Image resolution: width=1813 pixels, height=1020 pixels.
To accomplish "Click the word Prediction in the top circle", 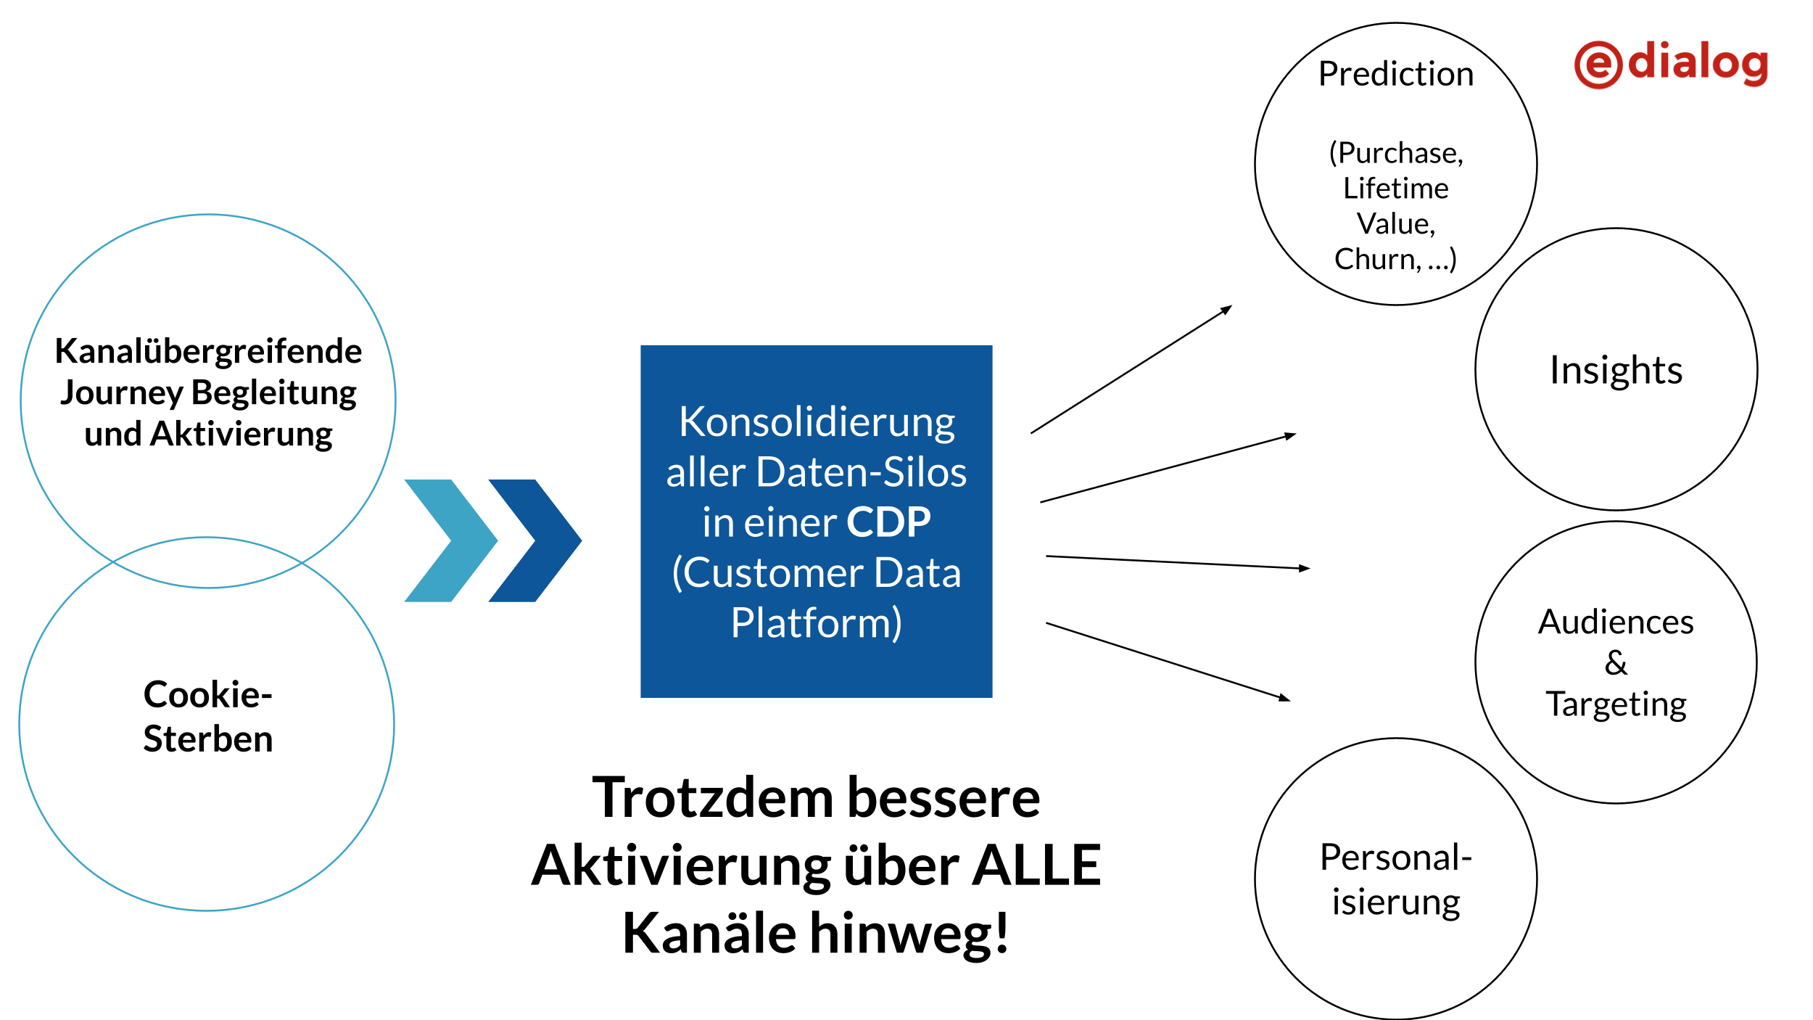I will (x=1395, y=74).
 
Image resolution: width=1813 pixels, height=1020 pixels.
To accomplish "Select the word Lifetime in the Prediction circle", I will (x=1395, y=188).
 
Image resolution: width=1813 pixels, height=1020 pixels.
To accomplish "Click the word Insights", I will (x=1616, y=370).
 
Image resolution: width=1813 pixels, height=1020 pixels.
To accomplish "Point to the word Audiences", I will (x=1616, y=622).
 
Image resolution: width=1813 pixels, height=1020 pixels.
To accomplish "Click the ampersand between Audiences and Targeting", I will (x=1616, y=662).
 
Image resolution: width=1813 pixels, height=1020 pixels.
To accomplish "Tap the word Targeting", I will (x=1616, y=704).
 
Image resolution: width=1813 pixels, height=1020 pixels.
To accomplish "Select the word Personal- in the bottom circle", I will (x=1395, y=857).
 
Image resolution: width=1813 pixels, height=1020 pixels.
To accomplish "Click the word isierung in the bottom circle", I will (x=1395, y=902).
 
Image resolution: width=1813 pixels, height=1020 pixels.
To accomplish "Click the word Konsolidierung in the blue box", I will (x=817, y=421).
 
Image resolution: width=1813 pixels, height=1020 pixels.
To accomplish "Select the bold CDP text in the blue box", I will (x=888, y=522).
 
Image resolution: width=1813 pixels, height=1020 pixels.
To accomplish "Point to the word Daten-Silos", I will (x=861, y=472).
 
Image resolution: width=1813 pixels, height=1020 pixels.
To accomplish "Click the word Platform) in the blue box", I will (x=817, y=622).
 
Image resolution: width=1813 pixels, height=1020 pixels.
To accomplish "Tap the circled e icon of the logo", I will (x=1598, y=65).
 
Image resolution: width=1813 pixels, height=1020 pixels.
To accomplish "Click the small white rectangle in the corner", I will (x=1761, y=976).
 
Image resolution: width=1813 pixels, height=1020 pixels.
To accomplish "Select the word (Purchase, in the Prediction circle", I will (x=1395, y=153).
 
